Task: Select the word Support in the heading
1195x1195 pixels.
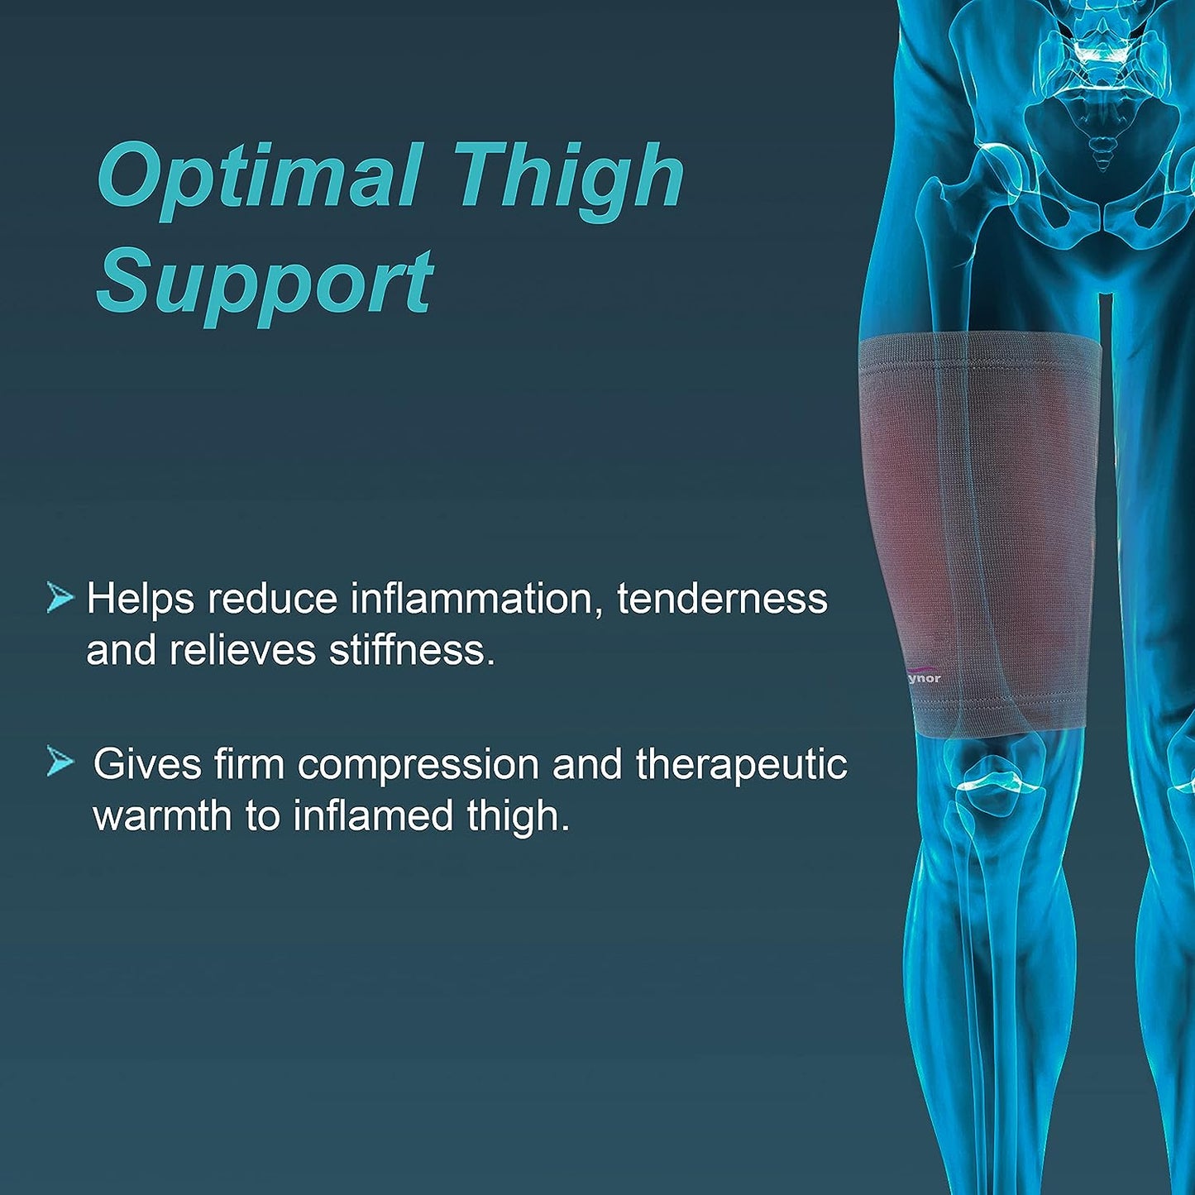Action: pyautogui.click(x=265, y=286)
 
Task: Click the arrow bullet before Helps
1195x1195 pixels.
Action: pyautogui.click(x=60, y=599)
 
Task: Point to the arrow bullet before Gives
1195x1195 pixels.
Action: pyautogui.click(x=60, y=760)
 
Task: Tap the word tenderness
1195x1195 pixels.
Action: pyautogui.click(x=723, y=599)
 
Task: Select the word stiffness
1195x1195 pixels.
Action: pyautogui.click(x=413, y=651)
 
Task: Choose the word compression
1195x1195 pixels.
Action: pyautogui.click(x=418, y=765)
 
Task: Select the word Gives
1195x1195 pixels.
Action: pyautogui.click(x=147, y=764)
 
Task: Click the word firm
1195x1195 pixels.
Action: pyautogui.click(x=249, y=764)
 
